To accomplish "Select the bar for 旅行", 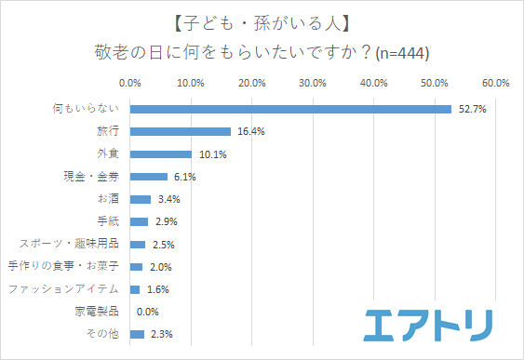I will click(181, 131).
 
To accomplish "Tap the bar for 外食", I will click(161, 153).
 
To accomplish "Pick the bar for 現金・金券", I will click(149, 177).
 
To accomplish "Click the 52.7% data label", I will click(472, 109).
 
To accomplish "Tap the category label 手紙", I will click(109, 221).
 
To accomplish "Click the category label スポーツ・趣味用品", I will click(71, 244).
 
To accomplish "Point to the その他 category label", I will click(104, 334).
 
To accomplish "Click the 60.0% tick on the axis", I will click(495, 83).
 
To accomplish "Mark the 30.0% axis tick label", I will click(313, 83).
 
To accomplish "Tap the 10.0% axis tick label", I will click(191, 83).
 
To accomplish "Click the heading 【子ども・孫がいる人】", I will click(262, 20).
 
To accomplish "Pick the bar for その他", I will click(138, 334).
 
